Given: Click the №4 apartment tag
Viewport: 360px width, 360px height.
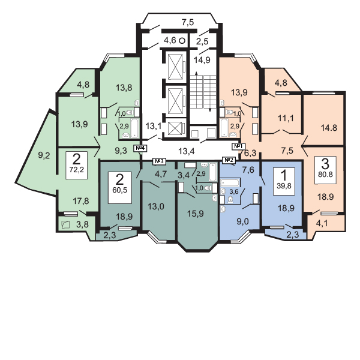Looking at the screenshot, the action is [140, 148].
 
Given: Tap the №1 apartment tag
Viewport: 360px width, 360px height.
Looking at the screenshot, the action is [239, 146].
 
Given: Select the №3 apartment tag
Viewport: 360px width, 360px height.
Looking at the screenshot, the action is [159, 161].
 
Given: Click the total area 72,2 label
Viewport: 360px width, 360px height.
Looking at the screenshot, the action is [76, 170].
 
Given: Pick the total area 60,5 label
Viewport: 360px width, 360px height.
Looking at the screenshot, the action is [120, 190].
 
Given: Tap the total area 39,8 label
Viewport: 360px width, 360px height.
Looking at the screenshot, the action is [284, 185].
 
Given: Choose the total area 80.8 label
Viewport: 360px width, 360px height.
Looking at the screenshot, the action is [325, 174].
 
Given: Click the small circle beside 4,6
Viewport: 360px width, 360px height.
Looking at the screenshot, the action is [182, 41].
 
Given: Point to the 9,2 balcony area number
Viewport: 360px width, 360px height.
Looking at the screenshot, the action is [44, 156].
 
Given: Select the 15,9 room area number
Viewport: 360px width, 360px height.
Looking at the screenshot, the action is [196, 214].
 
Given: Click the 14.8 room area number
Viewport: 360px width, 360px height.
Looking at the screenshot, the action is [329, 128].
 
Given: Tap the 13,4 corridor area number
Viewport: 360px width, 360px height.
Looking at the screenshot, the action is [187, 151].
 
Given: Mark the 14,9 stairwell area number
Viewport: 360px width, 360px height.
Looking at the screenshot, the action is [202, 60].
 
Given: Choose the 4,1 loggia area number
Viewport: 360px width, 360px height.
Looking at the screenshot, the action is [322, 223].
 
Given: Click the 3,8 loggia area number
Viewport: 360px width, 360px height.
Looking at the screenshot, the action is [82, 224].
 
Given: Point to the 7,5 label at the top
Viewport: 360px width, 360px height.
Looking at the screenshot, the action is [188, 23].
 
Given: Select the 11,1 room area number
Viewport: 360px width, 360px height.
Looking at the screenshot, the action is [286, 119].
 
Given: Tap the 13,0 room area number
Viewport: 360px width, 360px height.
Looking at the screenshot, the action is [156, 206].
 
